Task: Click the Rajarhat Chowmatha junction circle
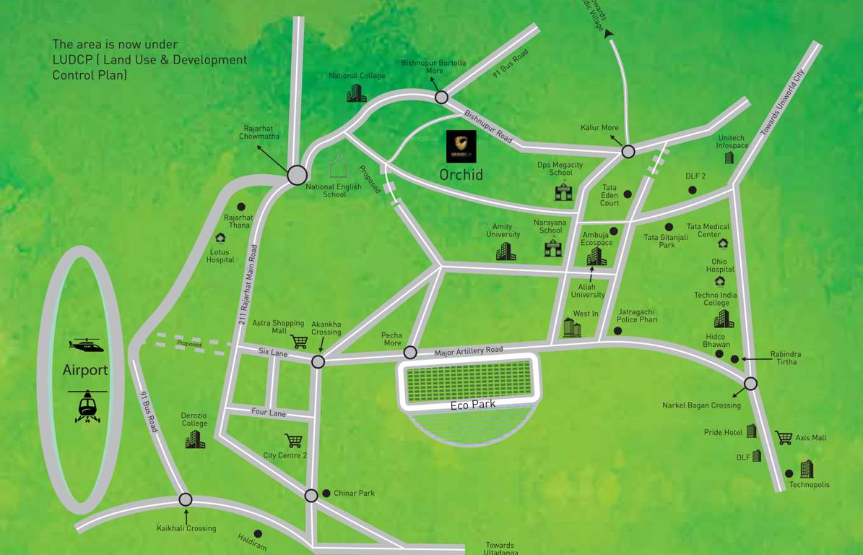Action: (297, 175)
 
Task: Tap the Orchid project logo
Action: (461, 147)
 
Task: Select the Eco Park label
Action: (473, 405)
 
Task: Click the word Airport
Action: (85, 371)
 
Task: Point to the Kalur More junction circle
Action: (628, 151)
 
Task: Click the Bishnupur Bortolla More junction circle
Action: (441, 97)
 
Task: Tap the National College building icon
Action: (357, 92)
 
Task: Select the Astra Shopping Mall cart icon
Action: (298, 341)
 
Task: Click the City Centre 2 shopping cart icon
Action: (293, 440)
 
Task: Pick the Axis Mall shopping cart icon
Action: (783, 437)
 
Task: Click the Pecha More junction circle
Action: (410, 353)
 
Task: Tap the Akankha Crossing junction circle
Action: (318, 361)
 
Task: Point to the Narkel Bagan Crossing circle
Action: (751, 384)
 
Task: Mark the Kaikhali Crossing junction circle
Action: (186, 499)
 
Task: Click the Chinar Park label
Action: (354, 494)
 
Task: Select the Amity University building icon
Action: (506, 251)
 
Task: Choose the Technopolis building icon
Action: (806, 469)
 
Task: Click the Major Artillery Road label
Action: (469, 351)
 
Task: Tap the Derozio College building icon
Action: (195, 439)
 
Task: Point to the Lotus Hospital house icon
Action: (220, 238)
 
